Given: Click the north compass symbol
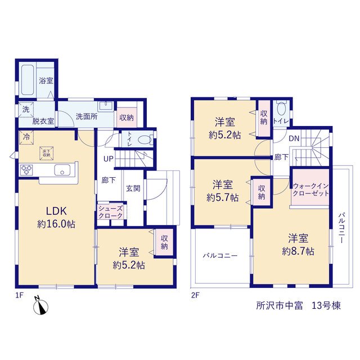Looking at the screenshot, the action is click(40, 305).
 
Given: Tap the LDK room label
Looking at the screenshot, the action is click(56, 211).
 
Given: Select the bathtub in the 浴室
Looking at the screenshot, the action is click(28, 79).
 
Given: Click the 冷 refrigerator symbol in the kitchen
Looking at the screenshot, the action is click(26, 137).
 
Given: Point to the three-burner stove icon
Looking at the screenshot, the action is click(26, 170).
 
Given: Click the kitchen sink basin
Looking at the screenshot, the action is click(62, 170).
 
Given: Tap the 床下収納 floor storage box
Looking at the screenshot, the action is click(46, 153).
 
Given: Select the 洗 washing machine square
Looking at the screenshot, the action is click(26, 110).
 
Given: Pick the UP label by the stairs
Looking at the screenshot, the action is click(108, 159).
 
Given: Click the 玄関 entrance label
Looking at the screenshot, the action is click(133, 188).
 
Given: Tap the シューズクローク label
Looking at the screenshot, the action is click(111, 212).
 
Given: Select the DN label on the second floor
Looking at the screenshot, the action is click(294, 138).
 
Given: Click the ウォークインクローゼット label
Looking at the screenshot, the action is click(310, 190).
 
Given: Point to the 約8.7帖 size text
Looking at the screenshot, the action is click(298, 251).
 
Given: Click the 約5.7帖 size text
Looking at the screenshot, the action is click(223, 197).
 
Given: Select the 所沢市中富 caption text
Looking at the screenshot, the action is click(280, 305).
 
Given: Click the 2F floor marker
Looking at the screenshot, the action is click(195, 295).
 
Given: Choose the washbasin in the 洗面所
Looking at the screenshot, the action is click(106, 106).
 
